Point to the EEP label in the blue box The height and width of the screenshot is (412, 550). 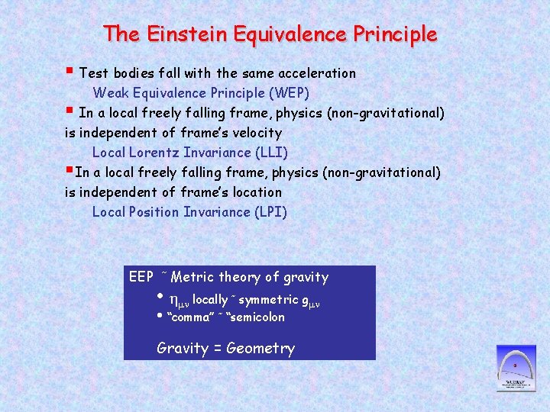pos(141,277)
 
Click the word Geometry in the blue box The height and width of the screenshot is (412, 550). pos(260,349)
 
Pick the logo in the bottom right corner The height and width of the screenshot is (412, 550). pos(516,368)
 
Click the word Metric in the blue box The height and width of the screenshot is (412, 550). pos(193,277)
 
